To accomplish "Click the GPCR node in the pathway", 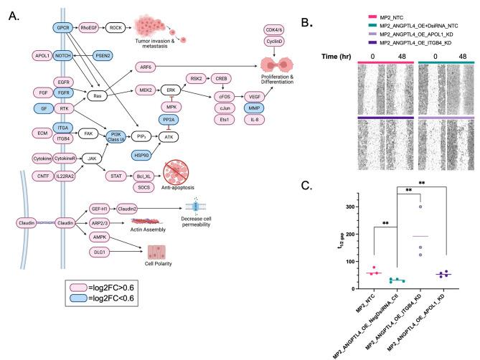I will pos(65,27).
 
